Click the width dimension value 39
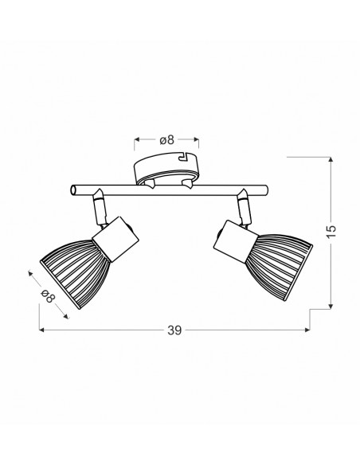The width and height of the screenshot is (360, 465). point(174,330)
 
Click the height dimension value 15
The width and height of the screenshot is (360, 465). point(331,232)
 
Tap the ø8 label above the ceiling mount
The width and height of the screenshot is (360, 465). point(166,139)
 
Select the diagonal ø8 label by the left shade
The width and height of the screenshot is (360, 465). point(49,295)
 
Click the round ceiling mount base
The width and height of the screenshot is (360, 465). point(166,169)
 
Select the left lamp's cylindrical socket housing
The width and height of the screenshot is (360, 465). point(115,239)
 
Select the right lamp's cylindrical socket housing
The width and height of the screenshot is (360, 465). point(236,241)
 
